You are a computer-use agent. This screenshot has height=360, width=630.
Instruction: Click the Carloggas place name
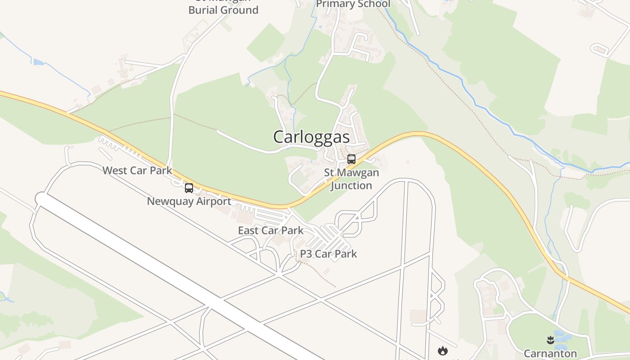pos(311,137)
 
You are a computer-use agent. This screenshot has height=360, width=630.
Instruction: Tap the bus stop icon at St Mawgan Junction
pos(351,159)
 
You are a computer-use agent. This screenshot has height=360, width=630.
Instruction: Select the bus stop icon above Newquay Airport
pos(189,188)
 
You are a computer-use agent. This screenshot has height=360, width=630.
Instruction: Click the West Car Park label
pos(137,171)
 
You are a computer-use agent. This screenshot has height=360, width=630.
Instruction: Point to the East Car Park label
pos(270,230)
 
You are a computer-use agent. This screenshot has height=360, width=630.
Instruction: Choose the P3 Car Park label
pos(328,254)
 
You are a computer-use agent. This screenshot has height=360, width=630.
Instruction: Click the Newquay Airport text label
pos(189,201)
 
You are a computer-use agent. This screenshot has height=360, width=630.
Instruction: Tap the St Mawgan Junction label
pos(351,179)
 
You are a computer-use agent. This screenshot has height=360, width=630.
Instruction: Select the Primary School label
pos(353,4)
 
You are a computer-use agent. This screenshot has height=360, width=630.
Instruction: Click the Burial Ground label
pos(223,10)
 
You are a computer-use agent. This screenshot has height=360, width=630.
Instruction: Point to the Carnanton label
pos(550,353)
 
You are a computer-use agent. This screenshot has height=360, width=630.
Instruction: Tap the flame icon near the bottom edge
pos(443,350)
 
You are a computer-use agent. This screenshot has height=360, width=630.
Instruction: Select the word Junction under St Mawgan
pos(351,185)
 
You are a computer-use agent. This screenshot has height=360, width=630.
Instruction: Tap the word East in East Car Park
pos(248,230)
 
